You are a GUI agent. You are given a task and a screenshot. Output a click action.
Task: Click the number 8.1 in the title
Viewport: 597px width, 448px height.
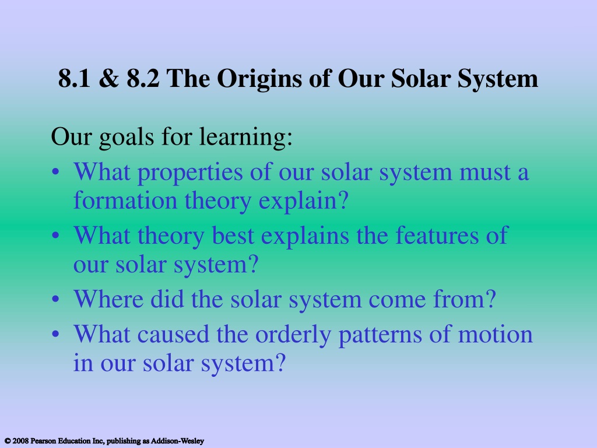(75, 79)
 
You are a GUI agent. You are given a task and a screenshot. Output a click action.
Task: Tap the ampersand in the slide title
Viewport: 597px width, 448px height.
(108, 79)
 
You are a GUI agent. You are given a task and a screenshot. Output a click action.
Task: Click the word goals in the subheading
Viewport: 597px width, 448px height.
(127, 138)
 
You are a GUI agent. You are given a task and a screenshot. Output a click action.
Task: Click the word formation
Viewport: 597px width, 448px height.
(125, 201)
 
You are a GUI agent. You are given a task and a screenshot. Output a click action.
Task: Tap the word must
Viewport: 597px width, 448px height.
(484, 172)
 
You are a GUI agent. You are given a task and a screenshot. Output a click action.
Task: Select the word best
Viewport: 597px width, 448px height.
(233, 236)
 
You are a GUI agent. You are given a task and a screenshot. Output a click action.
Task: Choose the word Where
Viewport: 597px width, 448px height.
(108, 299)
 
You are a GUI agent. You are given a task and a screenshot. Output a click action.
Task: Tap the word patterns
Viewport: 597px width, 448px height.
(380, 336)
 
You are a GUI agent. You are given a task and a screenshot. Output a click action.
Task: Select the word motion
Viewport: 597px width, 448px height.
(495, 334)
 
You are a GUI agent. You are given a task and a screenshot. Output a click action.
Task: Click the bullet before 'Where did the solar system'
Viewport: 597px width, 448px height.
(55, 299)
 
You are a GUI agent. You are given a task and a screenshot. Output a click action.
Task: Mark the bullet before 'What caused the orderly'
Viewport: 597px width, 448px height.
(55, 334)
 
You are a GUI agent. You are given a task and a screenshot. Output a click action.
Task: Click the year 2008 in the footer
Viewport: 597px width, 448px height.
(20, 441)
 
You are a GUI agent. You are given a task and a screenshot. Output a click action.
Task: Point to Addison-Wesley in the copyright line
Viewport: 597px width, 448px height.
(177, 441)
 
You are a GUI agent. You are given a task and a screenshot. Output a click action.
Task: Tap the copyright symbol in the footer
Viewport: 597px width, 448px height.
(7, 441)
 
